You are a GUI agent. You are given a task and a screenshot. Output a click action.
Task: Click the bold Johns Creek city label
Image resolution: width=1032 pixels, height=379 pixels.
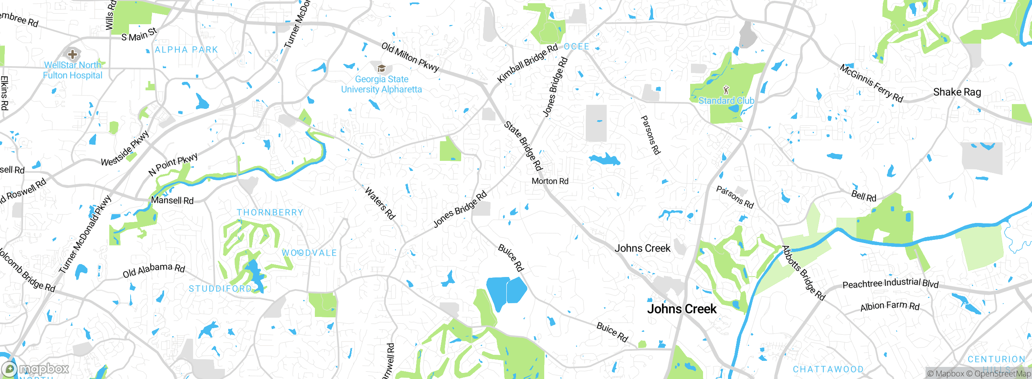pyautogui.click(x=682, y=309)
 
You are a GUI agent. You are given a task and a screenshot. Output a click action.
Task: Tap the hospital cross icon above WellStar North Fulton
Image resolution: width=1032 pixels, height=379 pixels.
pyautogui.click(x=73, y=54)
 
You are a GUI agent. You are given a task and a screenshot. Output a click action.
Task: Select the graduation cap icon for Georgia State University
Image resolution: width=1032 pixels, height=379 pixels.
pyautogui.click(x=381, y=68)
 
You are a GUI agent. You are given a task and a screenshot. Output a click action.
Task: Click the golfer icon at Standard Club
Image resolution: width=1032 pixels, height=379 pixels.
pyautogui.click(x=726, y=90)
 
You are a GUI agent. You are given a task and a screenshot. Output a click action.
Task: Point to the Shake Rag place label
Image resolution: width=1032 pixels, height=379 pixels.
pyautogui.click(x=957, y=92)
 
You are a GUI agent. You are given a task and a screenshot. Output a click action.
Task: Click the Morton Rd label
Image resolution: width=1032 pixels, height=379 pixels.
pyautogui.click(x=550, y=181)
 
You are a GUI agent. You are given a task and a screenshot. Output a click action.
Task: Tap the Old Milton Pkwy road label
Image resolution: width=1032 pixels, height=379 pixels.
pyautogui.click(x=410, y=57)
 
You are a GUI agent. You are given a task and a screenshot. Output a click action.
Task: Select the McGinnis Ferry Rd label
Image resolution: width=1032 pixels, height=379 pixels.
pyautogui.click(x=871, y=83)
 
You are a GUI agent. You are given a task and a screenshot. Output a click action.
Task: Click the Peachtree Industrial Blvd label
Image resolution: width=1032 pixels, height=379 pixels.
pyautogui.click(x=890, y=283)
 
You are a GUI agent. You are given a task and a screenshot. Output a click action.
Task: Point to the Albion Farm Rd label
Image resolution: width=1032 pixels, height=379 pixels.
pyautogui.click(x=890, y=306)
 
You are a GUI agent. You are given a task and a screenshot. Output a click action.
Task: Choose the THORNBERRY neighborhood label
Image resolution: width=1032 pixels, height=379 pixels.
pyautogui.click(x=270, y=212)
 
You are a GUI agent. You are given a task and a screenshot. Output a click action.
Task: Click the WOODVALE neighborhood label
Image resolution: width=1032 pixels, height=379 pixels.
pyautogui.click(x=309, y=253)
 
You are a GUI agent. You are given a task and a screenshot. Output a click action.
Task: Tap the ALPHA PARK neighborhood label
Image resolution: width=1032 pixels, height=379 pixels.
pyautogui.click(x=186, y=50)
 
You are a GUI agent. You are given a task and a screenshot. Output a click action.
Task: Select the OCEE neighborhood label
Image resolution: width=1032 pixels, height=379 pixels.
pyautogui.click(x=576, y=47)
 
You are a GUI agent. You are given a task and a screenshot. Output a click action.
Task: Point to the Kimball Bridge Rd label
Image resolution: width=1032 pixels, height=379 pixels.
pyautogui.click(x=527, y=63)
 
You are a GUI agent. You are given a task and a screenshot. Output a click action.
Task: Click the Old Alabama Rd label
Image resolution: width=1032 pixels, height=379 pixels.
pyautogui.click(x=154, y=270)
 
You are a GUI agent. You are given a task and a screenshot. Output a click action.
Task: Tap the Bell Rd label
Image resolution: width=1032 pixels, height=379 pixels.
pyautogui.click(x=863, y=196)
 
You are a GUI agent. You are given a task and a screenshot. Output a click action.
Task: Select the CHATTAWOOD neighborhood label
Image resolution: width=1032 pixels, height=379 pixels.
pyautogui.click(x=828, y=369)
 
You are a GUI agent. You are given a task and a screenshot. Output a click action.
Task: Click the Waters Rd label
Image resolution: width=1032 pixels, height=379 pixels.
pyautogui.click(x=380, y=203)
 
